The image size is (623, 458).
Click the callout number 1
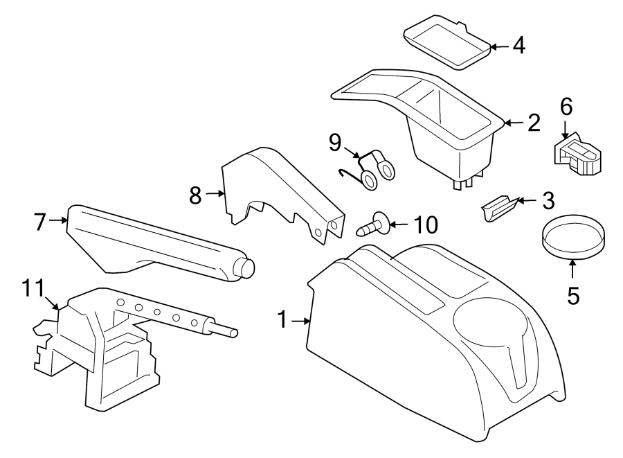282,320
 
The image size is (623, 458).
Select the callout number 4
518,46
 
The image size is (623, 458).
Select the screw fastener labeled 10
372,225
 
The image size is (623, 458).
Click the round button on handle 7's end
246,267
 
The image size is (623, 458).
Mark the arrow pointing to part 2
512,123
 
